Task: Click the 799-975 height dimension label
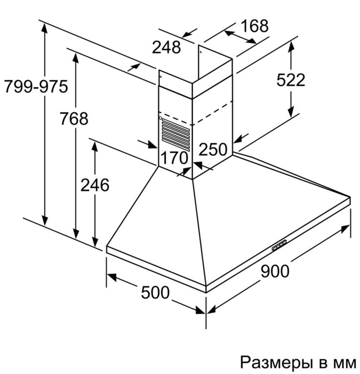tap(36, 87)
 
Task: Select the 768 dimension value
tap(74, 119)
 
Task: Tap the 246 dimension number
tap(95, 185)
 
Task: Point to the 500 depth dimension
tap(155, 292)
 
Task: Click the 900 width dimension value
tap(275, 271)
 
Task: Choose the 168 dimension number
tap(255, 26)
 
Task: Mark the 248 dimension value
tap(166, 47)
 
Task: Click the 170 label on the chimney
tap(174, 158)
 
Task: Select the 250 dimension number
tap(213, 149)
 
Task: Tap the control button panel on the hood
tap(279, 245)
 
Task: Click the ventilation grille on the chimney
tap(176, 134)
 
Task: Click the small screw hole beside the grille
tap(160, 118)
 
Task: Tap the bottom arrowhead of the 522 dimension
tap(290, 113)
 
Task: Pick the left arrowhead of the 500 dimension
tap(111, 277)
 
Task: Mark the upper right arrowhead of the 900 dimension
tap(345, 228)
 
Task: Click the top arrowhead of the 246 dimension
tap(95, 146)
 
